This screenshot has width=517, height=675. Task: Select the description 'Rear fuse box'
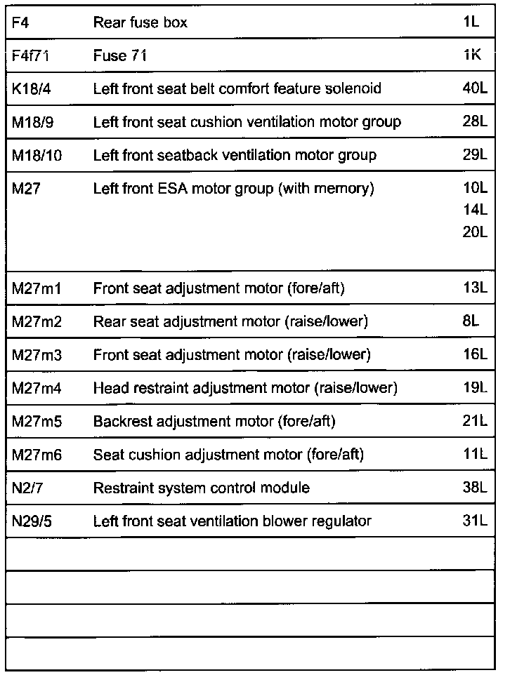coord(140,23)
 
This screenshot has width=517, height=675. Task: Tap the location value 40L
coord(475,89)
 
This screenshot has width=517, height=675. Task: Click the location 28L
coord(475,122)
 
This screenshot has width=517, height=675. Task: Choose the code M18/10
coord(37,155)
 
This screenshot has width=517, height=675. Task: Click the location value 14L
coord(475,210)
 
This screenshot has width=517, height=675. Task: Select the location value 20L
coord(475,232)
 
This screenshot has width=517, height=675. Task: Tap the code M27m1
coord(37,288)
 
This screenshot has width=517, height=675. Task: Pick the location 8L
coord(471,321)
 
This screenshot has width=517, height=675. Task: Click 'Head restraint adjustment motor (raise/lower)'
coord(245,388)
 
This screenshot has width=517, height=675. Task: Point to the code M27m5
coord(37,422)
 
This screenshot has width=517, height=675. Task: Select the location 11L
coord(475,455)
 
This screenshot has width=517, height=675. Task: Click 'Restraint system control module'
coord(202,488)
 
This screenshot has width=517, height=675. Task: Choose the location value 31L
coord(475,521)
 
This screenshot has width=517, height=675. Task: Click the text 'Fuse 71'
coord(120,56)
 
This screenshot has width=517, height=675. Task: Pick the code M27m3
coord(37,355)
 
